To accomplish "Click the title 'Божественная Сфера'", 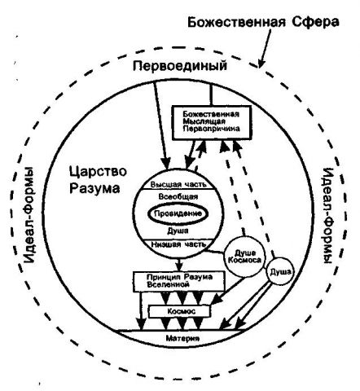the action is tap(263, 22).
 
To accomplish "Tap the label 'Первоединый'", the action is tap(180, 66).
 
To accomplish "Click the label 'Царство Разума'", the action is tap(98, 180).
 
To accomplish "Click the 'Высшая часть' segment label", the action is tap(178, 184).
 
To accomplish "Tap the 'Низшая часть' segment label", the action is tap(178, 244).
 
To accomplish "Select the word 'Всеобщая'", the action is tap(178, 196).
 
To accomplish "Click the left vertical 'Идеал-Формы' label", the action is tap(29, 214).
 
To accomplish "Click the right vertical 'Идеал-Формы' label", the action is tap(328, 216).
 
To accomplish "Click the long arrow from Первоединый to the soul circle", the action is tap(161, 125).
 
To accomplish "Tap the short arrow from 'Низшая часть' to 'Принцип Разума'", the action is tap(178, 264).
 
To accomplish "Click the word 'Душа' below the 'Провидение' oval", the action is tap(178, 231).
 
